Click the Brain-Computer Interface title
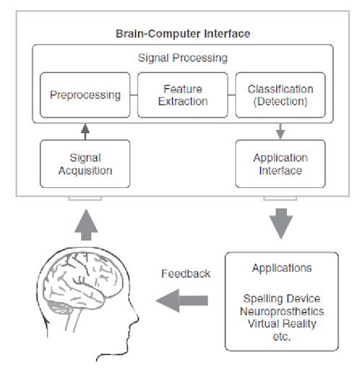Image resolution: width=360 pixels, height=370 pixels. coord(183,34)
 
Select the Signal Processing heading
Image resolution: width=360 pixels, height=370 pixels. coord(183,58)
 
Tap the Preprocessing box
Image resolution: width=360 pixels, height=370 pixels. coord(85,95)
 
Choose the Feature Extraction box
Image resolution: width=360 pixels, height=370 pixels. coord(183,95)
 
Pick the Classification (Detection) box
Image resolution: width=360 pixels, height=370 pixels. coord(280,95)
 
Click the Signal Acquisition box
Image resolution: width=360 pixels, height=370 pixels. coord(85,164)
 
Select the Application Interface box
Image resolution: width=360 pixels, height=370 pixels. coord(280,164)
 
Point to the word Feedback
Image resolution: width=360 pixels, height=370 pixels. coord(186,274)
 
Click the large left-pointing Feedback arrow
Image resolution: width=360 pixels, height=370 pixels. coord(182,301)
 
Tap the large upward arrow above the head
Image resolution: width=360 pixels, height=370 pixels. coord(86,225)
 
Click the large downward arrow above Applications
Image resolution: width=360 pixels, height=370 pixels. coord(281,223)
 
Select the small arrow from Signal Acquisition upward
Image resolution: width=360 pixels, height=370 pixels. coord(85,132)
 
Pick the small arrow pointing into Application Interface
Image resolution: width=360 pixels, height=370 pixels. coord(280,132)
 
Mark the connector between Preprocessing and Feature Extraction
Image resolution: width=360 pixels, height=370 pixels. coord(134,95)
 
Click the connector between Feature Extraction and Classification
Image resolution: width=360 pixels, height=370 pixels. coord(231,95)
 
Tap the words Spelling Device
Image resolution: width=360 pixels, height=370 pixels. coord(282,298)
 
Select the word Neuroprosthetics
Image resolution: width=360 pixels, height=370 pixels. coord(282,311)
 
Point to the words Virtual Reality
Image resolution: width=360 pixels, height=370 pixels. coord(282,324)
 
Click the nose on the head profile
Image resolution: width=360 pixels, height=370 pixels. coord(137,319)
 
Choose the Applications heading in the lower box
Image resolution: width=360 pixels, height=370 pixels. coord(282,268)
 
